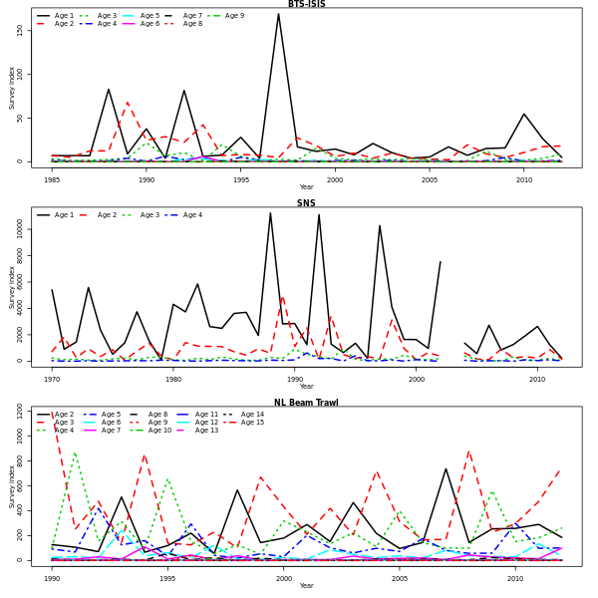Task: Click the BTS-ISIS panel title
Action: pos(306,4)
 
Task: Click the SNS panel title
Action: pos(306,203)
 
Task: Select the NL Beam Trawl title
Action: pos(306,403)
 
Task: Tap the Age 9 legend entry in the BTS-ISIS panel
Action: pos(234,16)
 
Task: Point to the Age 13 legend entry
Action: pos(206,431)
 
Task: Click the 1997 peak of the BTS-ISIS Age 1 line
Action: pos(278,14)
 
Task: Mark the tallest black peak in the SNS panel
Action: pos(270,213)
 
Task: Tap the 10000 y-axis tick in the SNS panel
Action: pos(20,227)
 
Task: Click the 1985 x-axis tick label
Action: pos(52,180)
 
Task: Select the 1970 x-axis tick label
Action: pos(52,380)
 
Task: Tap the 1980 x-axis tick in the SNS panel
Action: pos(173,380)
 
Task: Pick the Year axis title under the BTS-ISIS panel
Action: pos(306,187)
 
